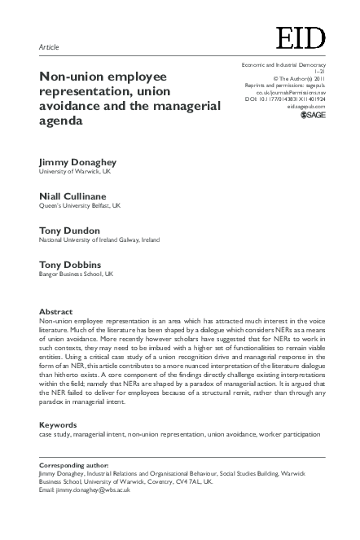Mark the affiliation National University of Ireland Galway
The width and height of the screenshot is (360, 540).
(99, 240)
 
